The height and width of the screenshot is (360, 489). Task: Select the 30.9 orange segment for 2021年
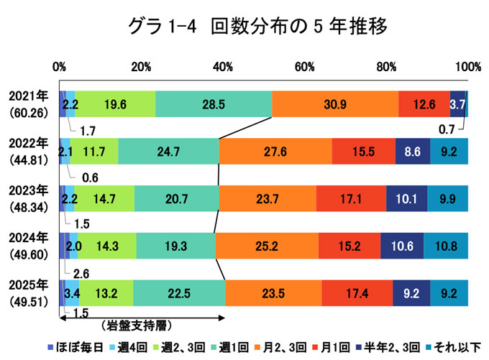[335, 104]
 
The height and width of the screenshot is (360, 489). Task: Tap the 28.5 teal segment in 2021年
[214, 104]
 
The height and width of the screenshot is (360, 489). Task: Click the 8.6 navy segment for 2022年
[413, 152]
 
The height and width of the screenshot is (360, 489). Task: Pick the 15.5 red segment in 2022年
[364, 152]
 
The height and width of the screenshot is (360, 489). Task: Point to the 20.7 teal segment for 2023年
[176, 198]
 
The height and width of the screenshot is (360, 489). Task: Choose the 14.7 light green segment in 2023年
[104, 198]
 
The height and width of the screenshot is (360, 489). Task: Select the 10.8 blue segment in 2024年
[446, 246]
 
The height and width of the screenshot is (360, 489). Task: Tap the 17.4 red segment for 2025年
[357, 293]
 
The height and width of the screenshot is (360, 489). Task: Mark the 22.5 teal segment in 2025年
[179, 293]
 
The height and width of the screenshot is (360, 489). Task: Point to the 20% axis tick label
[142, 67]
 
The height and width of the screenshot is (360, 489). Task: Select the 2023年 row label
[28, 190]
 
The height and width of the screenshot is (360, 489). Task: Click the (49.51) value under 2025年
[28, 300]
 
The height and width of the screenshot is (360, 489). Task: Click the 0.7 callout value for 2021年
[446, 129]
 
